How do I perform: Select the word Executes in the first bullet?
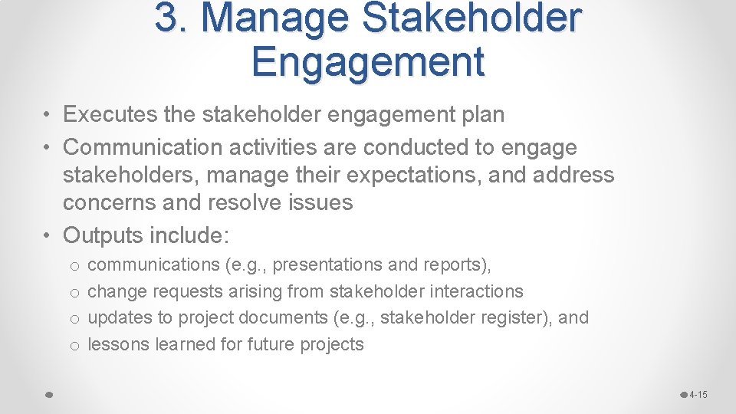point(110,115)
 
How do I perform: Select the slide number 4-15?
point(698,395)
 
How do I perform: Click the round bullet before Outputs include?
point(48,235)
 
